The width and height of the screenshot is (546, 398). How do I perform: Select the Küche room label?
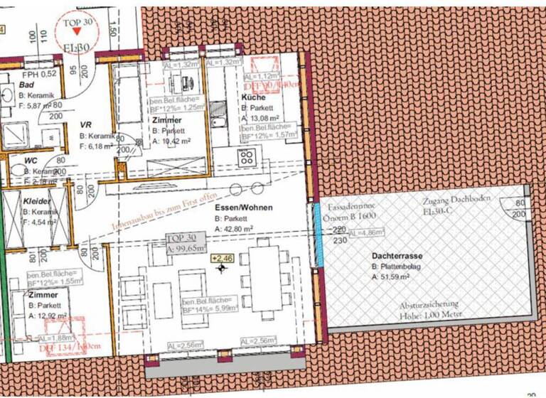point(254,97)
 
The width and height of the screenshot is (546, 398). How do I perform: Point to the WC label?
point(31,161)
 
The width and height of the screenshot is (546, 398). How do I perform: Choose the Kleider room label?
point(36,201)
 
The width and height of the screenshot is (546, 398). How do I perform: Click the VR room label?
point(86,124)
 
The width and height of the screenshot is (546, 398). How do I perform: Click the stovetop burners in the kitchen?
point(249,157)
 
